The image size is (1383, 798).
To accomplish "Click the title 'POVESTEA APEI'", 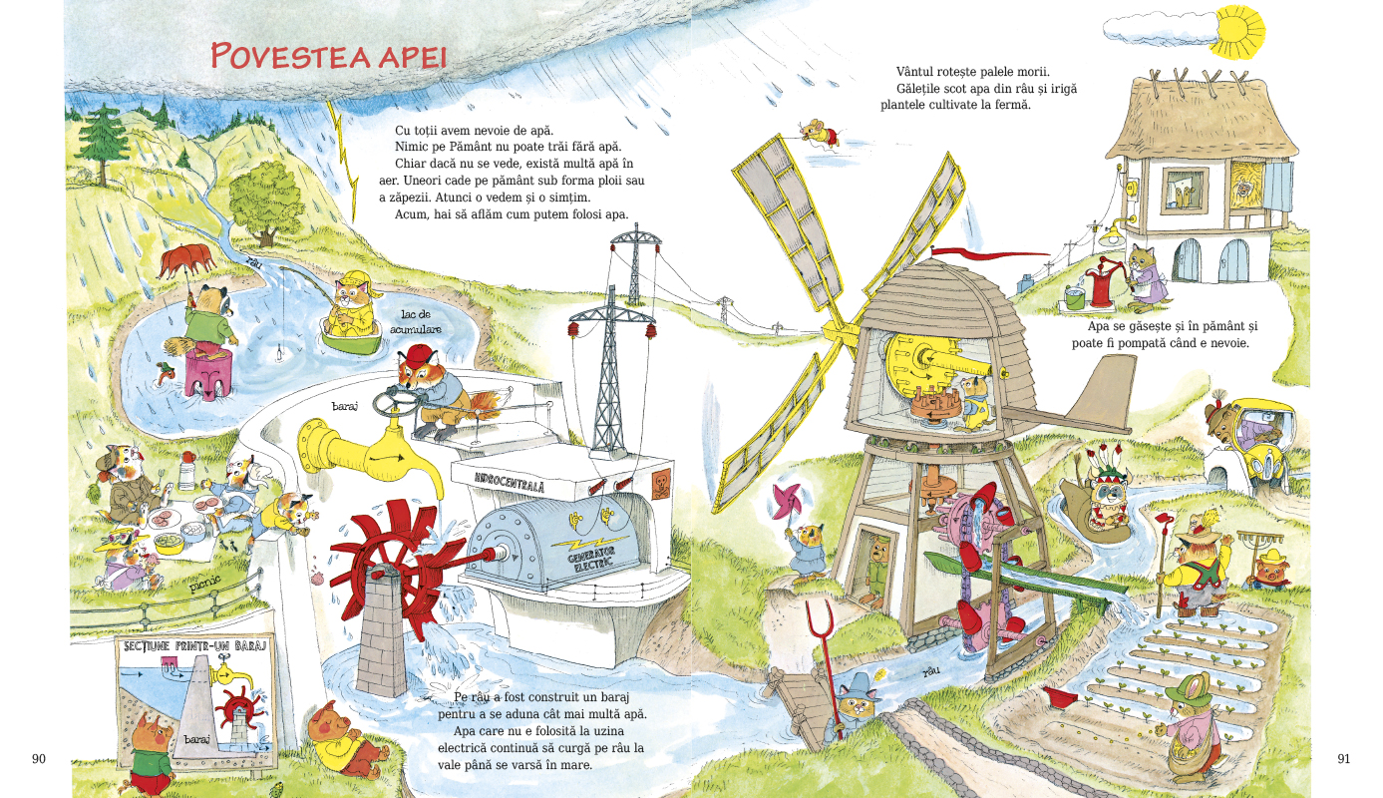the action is (x=328, y=56).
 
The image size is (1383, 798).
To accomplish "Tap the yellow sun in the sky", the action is (x=1236, y=31).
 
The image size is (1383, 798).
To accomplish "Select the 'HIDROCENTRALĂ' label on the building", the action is (x=510, y=482).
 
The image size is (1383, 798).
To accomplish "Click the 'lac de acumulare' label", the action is (x=416, y=322).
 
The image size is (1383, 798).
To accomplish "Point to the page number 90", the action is (x=38, y=758).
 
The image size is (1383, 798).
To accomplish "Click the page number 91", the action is (x=1343, y=758).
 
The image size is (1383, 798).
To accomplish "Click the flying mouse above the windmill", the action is (x=819, y=134).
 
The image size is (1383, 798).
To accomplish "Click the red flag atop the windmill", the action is (x=989, y=253).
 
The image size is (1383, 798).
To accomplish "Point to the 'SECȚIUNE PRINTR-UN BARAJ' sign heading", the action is (x=195, y=646).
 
